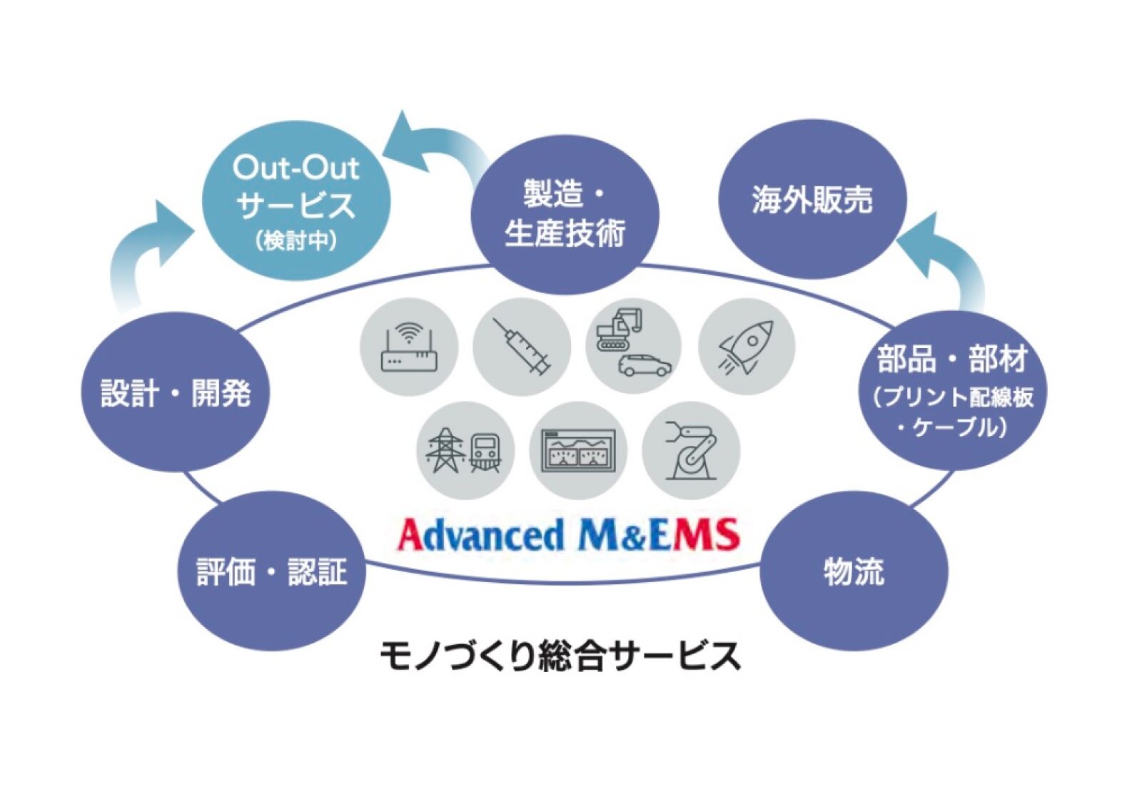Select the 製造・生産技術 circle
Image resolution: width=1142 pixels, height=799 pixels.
tap(565, 214)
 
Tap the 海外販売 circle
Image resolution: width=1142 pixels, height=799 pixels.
tap(812, 200)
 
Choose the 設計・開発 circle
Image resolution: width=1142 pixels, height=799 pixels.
tap(176, 392)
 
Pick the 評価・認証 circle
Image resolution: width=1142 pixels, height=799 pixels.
tap(271, 571)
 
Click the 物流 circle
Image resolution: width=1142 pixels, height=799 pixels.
tap(854, 571)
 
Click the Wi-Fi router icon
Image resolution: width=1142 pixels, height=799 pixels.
tap(408, 347)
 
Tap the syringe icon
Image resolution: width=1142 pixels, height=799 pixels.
tap(522, 347)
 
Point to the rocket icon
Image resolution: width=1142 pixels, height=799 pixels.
tap(747, 347)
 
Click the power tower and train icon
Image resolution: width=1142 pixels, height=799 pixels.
tap(465, 450)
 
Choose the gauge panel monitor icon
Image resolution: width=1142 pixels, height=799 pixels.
tap(578, 450)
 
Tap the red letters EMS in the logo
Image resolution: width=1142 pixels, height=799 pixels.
tap(692, 535)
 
